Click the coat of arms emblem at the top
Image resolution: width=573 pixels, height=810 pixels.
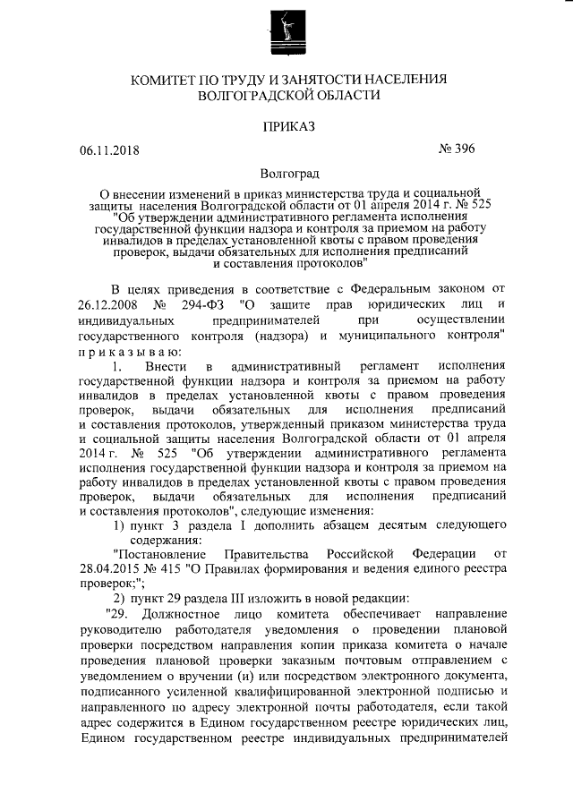286,34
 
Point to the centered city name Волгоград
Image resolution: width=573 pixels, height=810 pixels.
287,172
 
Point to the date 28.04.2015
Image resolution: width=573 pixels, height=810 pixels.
109,569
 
